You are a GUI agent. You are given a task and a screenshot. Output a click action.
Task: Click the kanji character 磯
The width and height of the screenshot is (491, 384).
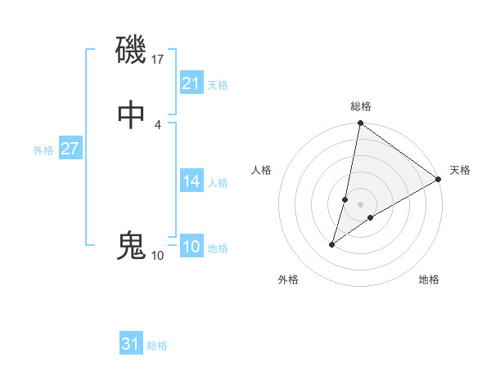(131, 51)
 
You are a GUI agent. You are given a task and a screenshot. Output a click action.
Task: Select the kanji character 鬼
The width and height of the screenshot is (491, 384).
(131, 245)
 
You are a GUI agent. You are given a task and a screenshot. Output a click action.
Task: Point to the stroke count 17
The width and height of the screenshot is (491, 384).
(158, 59)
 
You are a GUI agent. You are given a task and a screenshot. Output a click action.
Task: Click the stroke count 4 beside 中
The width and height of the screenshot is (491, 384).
(157, 125)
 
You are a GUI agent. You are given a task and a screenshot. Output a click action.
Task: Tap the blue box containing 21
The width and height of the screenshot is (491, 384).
(191, 83)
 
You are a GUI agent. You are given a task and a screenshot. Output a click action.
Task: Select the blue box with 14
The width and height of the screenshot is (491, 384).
(191, 181)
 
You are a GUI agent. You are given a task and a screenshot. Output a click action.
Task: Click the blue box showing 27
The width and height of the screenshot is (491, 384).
(70, 149)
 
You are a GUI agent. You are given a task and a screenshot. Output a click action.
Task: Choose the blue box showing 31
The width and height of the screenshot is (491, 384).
(131, 344)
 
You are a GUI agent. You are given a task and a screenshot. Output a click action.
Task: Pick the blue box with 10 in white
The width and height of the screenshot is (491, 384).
(191, 247)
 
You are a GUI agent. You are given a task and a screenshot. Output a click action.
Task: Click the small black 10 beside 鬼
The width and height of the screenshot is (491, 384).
(157, 255)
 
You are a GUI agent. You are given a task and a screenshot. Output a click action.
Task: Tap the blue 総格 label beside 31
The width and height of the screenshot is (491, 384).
(157, 346)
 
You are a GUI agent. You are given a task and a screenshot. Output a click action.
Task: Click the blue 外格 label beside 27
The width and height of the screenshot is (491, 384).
(43, 150)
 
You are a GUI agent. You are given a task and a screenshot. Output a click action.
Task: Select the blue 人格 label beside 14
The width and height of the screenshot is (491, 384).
(218, 183)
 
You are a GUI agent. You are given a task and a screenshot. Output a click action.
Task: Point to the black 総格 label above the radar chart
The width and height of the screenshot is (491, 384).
(361, 106)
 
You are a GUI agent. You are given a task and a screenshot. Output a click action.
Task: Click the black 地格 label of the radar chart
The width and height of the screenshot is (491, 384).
(429, 280)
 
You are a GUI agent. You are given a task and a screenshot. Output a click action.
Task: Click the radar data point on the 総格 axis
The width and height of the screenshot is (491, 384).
(360, 124)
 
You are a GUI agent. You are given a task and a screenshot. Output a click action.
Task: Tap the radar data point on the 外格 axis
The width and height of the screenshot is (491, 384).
(332, 243)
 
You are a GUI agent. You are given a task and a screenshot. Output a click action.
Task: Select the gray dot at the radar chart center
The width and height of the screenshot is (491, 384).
(360, 204)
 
